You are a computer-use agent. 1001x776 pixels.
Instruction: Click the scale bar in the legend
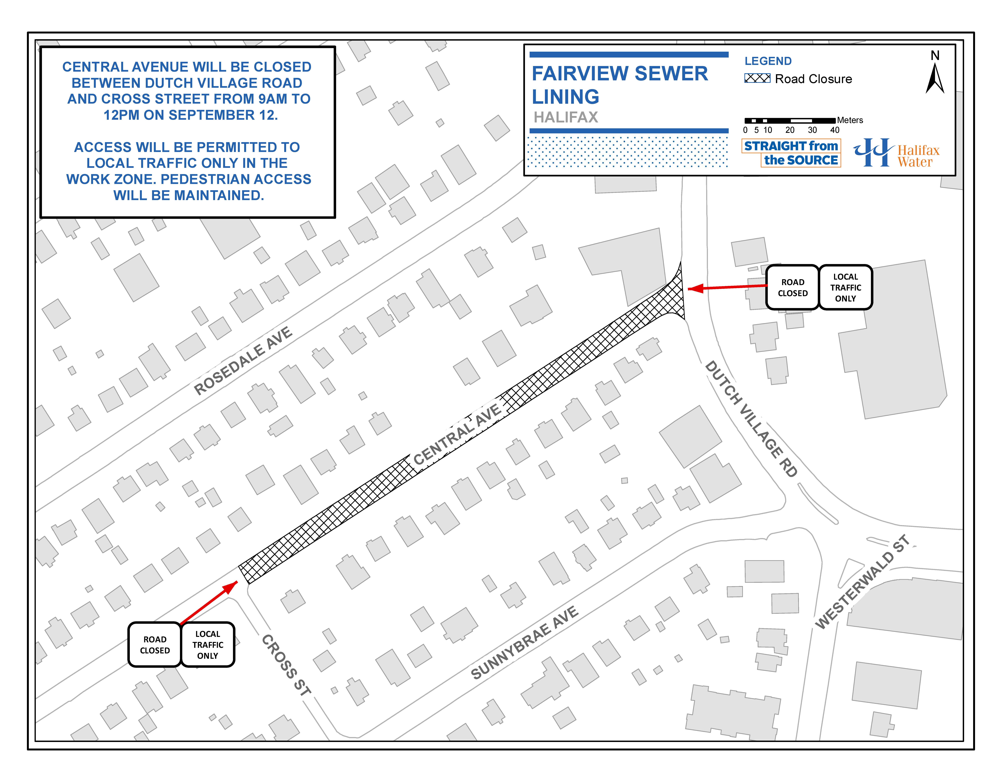point(790,121)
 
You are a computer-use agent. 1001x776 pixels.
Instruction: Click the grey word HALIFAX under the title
point(566,117)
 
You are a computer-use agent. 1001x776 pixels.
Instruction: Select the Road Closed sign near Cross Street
point(155,644)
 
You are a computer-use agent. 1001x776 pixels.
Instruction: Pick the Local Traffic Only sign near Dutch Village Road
point(846,287)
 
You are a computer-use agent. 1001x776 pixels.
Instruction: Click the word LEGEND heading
point(768,61)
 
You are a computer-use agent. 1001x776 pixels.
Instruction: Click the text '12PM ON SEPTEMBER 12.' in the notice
point(191,115)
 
